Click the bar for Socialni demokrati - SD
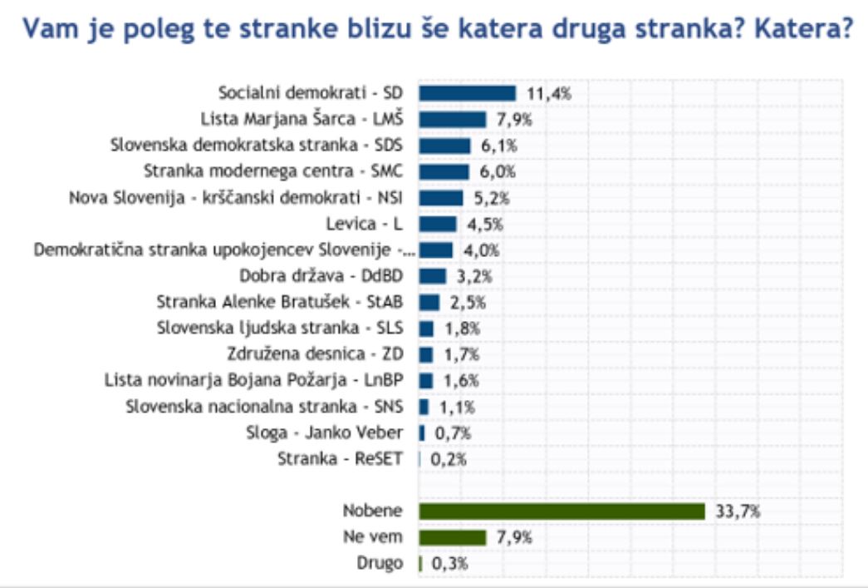click(467, 93)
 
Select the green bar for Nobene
click(562, 511)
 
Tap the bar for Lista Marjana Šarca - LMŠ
click(452, 119)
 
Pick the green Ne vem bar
click(452, 536)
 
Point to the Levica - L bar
click(438, 224)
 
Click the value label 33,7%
click(738, 511)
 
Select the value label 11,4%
click(549, 93)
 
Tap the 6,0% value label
click(498, 171)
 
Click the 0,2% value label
click(449, 459)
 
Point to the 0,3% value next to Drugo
click(449, 563)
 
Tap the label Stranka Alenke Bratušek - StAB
click(280, 302)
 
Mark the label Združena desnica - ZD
click(315, 354)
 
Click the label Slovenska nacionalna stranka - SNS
click(264, 407)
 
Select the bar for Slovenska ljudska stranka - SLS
click(426, 329)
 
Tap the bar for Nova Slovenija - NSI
click(440, 198)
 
